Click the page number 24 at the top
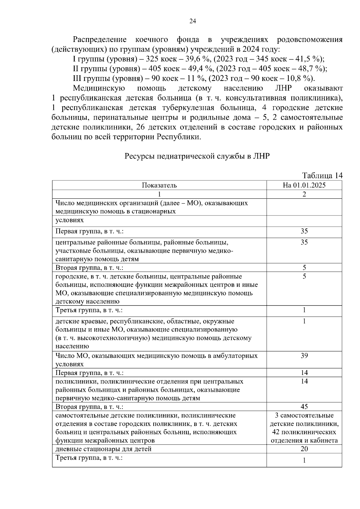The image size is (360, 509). [x=193, y=21]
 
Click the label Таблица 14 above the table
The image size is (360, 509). [x=322, y=175]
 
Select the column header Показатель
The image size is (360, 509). [x=159, y=185]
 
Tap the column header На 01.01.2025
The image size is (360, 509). [x=304, y=185]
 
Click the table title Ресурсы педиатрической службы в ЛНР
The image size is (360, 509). [x=197, y=156]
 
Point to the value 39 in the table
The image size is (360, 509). [x=304, y=356]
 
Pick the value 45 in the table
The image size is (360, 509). [x=304, y=407]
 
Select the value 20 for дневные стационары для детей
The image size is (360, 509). [x=304, y=449]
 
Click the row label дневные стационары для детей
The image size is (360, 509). [x=103, y=449]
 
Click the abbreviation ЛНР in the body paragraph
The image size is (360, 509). [x=283, y=88]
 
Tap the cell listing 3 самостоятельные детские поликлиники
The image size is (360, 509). [x=304, y=428]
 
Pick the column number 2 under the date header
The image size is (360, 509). [x=304, y=194]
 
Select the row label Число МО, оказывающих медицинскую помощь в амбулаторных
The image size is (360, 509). [x=156, y=356]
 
